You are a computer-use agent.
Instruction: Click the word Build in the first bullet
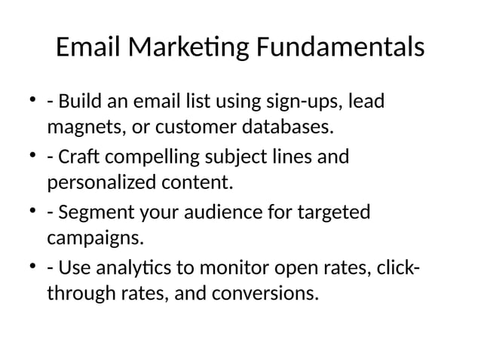coord(80,101)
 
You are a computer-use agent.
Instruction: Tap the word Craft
coord(78,157)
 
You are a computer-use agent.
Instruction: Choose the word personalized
coord(100,182)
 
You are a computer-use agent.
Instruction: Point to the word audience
coord(230,214)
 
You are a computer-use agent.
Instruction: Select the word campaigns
coord(94,239)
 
